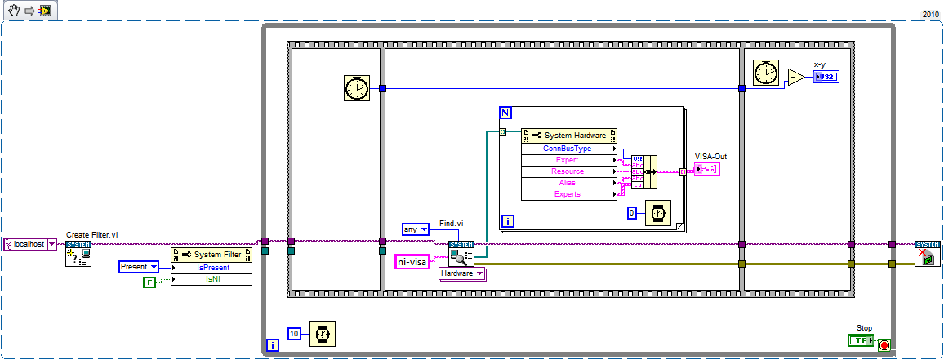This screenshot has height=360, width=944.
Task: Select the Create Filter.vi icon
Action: click(78, 255)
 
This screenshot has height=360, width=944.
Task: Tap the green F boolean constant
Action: click(149, 282)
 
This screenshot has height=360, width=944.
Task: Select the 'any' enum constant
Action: click(415, 229)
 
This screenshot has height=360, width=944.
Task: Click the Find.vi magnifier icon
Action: click(460, 254)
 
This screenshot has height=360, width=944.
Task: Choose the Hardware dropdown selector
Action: click(462, 274)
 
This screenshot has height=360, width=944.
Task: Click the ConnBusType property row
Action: click(568, 149)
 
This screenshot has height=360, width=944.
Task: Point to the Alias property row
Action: click(568, 183)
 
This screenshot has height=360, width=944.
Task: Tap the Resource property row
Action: click(568, 171)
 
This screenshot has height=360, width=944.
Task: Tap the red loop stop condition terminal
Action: click(884, 345)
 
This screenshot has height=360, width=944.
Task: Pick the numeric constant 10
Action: click(295, 332)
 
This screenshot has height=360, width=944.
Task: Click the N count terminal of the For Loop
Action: click(506, 112)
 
